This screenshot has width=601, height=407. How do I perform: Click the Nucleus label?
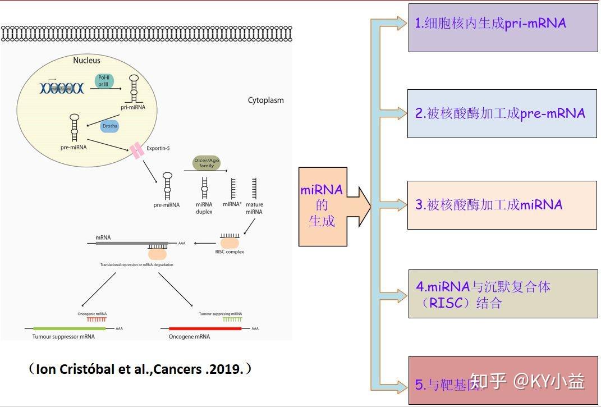click(86, 60)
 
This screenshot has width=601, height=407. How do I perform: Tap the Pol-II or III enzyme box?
click(103, 81)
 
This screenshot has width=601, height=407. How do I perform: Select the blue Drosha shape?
click(110, 126)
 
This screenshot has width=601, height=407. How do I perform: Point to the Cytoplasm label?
click(266, 100)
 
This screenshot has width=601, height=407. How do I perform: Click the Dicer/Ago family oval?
click(207, 163)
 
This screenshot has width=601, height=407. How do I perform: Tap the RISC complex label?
click(230, 252)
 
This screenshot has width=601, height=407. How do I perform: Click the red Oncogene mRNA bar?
click(205, 328)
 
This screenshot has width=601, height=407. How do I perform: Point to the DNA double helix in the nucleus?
click(61, 88)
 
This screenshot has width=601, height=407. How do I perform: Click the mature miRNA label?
click(254, 208)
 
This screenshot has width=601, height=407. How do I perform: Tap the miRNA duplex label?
click(204, 208)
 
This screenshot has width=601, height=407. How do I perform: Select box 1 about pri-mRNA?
click(503, 28)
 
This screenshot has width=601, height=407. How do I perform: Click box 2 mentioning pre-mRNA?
click(502, 113)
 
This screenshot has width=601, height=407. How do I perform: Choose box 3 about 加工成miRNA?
click(502, 205)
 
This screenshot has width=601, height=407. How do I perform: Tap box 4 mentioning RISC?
click(503, 294)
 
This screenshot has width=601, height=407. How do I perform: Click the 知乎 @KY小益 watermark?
click(527, 382)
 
